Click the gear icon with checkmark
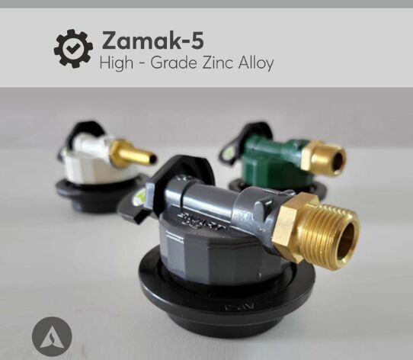(73, 49)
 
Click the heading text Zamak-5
(152, 40)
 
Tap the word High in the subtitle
(117, 63)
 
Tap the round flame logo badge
(52, 337)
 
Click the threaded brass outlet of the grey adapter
(333, 235)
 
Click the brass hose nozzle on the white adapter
(134, 153)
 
